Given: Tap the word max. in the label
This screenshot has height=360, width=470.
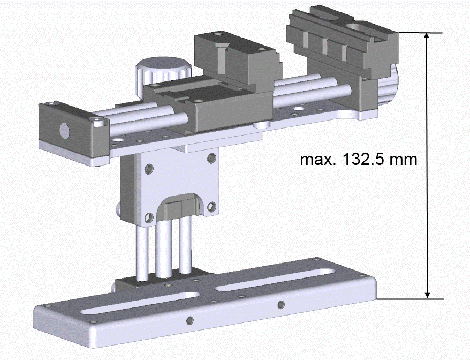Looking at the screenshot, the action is (319, 160).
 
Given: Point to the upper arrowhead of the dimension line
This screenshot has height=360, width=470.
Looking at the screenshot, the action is (427, 38).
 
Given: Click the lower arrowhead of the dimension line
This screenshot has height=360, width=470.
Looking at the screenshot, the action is (427, 294).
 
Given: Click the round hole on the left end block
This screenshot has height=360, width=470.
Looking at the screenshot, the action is (64, 131).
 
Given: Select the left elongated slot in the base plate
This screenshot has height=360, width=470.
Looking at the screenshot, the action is (140, 303).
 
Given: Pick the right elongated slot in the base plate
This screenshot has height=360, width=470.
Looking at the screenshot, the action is (275, 280).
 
